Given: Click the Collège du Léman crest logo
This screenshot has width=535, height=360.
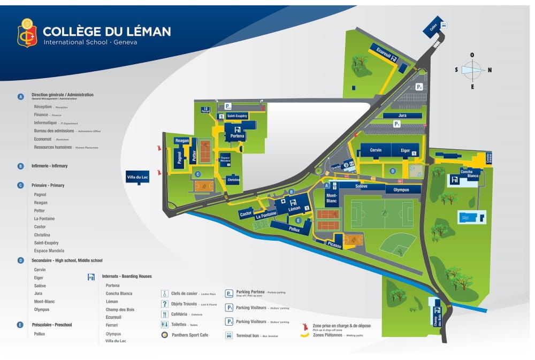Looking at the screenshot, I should pyautogui.click(x=27, y=33).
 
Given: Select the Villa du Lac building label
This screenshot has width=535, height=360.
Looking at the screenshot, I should pyautogui.click(x=137, y=177).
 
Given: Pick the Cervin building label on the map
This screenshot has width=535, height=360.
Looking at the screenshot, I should pyautogui.click(x=376, y=150).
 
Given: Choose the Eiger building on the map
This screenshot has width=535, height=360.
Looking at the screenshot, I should pyautogui.click(x=406, y=150).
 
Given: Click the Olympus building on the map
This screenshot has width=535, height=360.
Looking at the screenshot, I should pyautogui.click(x=401, y=189).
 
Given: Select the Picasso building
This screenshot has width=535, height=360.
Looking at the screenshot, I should pyautogui.click(x=334, y=244).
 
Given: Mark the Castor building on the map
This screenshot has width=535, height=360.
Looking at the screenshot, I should pyautogui.click(x=246, y=213).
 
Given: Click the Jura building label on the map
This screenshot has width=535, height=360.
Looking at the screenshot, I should pyautogui.click(x=402, y=115).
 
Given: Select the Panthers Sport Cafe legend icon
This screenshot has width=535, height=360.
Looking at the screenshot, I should pyautogui.click(x=165, y=335).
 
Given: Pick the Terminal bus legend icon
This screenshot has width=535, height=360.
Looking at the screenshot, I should pyautogui.click(x=229, y=336).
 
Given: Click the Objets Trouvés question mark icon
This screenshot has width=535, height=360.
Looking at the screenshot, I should pyautogui.click(x=165, y=304).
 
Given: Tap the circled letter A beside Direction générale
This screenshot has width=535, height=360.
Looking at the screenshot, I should pyautogui.click(x=21, y=97).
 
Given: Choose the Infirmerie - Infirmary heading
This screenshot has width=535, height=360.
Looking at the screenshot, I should pyautogui.click(x=49, y=166).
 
